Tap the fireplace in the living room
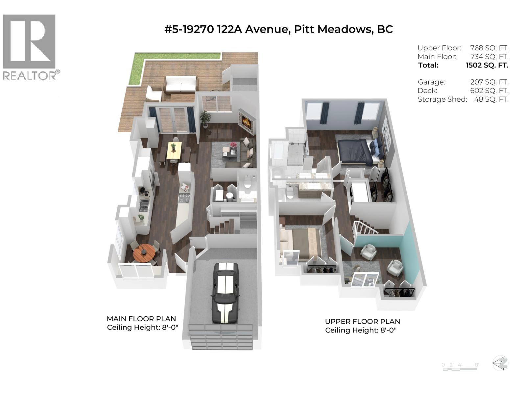[247, 123]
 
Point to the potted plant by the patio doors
[205, 118]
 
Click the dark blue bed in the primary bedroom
[355, 151]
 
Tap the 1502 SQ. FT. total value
[487, 65]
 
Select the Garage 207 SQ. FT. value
[489, 82]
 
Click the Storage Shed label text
[442, 99]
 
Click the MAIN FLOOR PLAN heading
[141, 319]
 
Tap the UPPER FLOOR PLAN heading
[362, 321]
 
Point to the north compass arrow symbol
[500, 363]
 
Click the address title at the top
[278, 29]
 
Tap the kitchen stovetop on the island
[184, 198]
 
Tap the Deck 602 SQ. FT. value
[489, 91]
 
